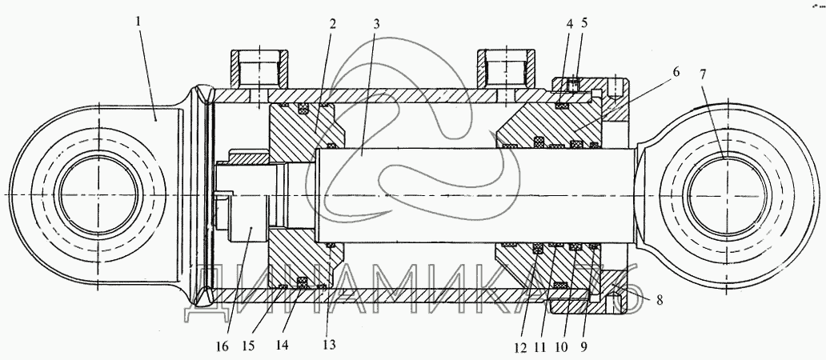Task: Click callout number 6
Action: point(676,72)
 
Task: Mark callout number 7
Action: point(704,74)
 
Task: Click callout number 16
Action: point(222,346)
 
